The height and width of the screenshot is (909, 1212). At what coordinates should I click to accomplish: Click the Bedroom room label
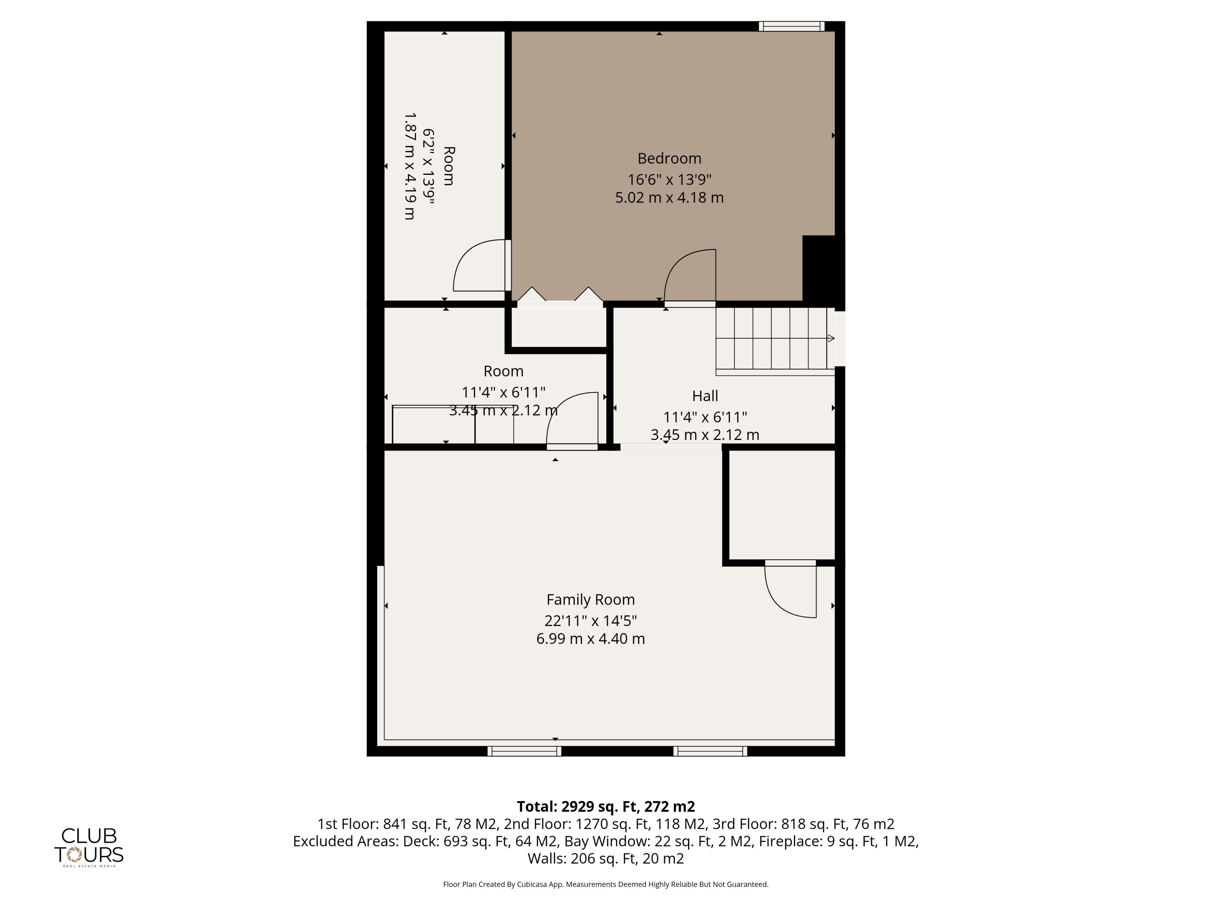tap(669, 158)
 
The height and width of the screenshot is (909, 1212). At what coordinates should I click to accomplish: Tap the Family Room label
tap(590, 600)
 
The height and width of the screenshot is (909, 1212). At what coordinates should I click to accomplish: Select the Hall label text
tap(704, 395)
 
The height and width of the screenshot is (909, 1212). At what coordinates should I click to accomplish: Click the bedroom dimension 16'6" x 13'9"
tap(669, 179)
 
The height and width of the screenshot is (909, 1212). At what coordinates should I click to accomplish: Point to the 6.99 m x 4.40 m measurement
tap(590, 639)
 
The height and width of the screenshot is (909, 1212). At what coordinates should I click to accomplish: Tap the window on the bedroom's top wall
tap(791, 26)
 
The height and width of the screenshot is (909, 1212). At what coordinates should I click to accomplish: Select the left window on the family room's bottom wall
tap(524, 751)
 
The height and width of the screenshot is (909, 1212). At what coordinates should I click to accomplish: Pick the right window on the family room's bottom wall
tap(710, 751)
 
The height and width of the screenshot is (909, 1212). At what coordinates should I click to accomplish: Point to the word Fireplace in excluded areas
tap(790, 841)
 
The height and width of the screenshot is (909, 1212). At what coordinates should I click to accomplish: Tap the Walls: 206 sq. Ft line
tap(605, 858)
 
